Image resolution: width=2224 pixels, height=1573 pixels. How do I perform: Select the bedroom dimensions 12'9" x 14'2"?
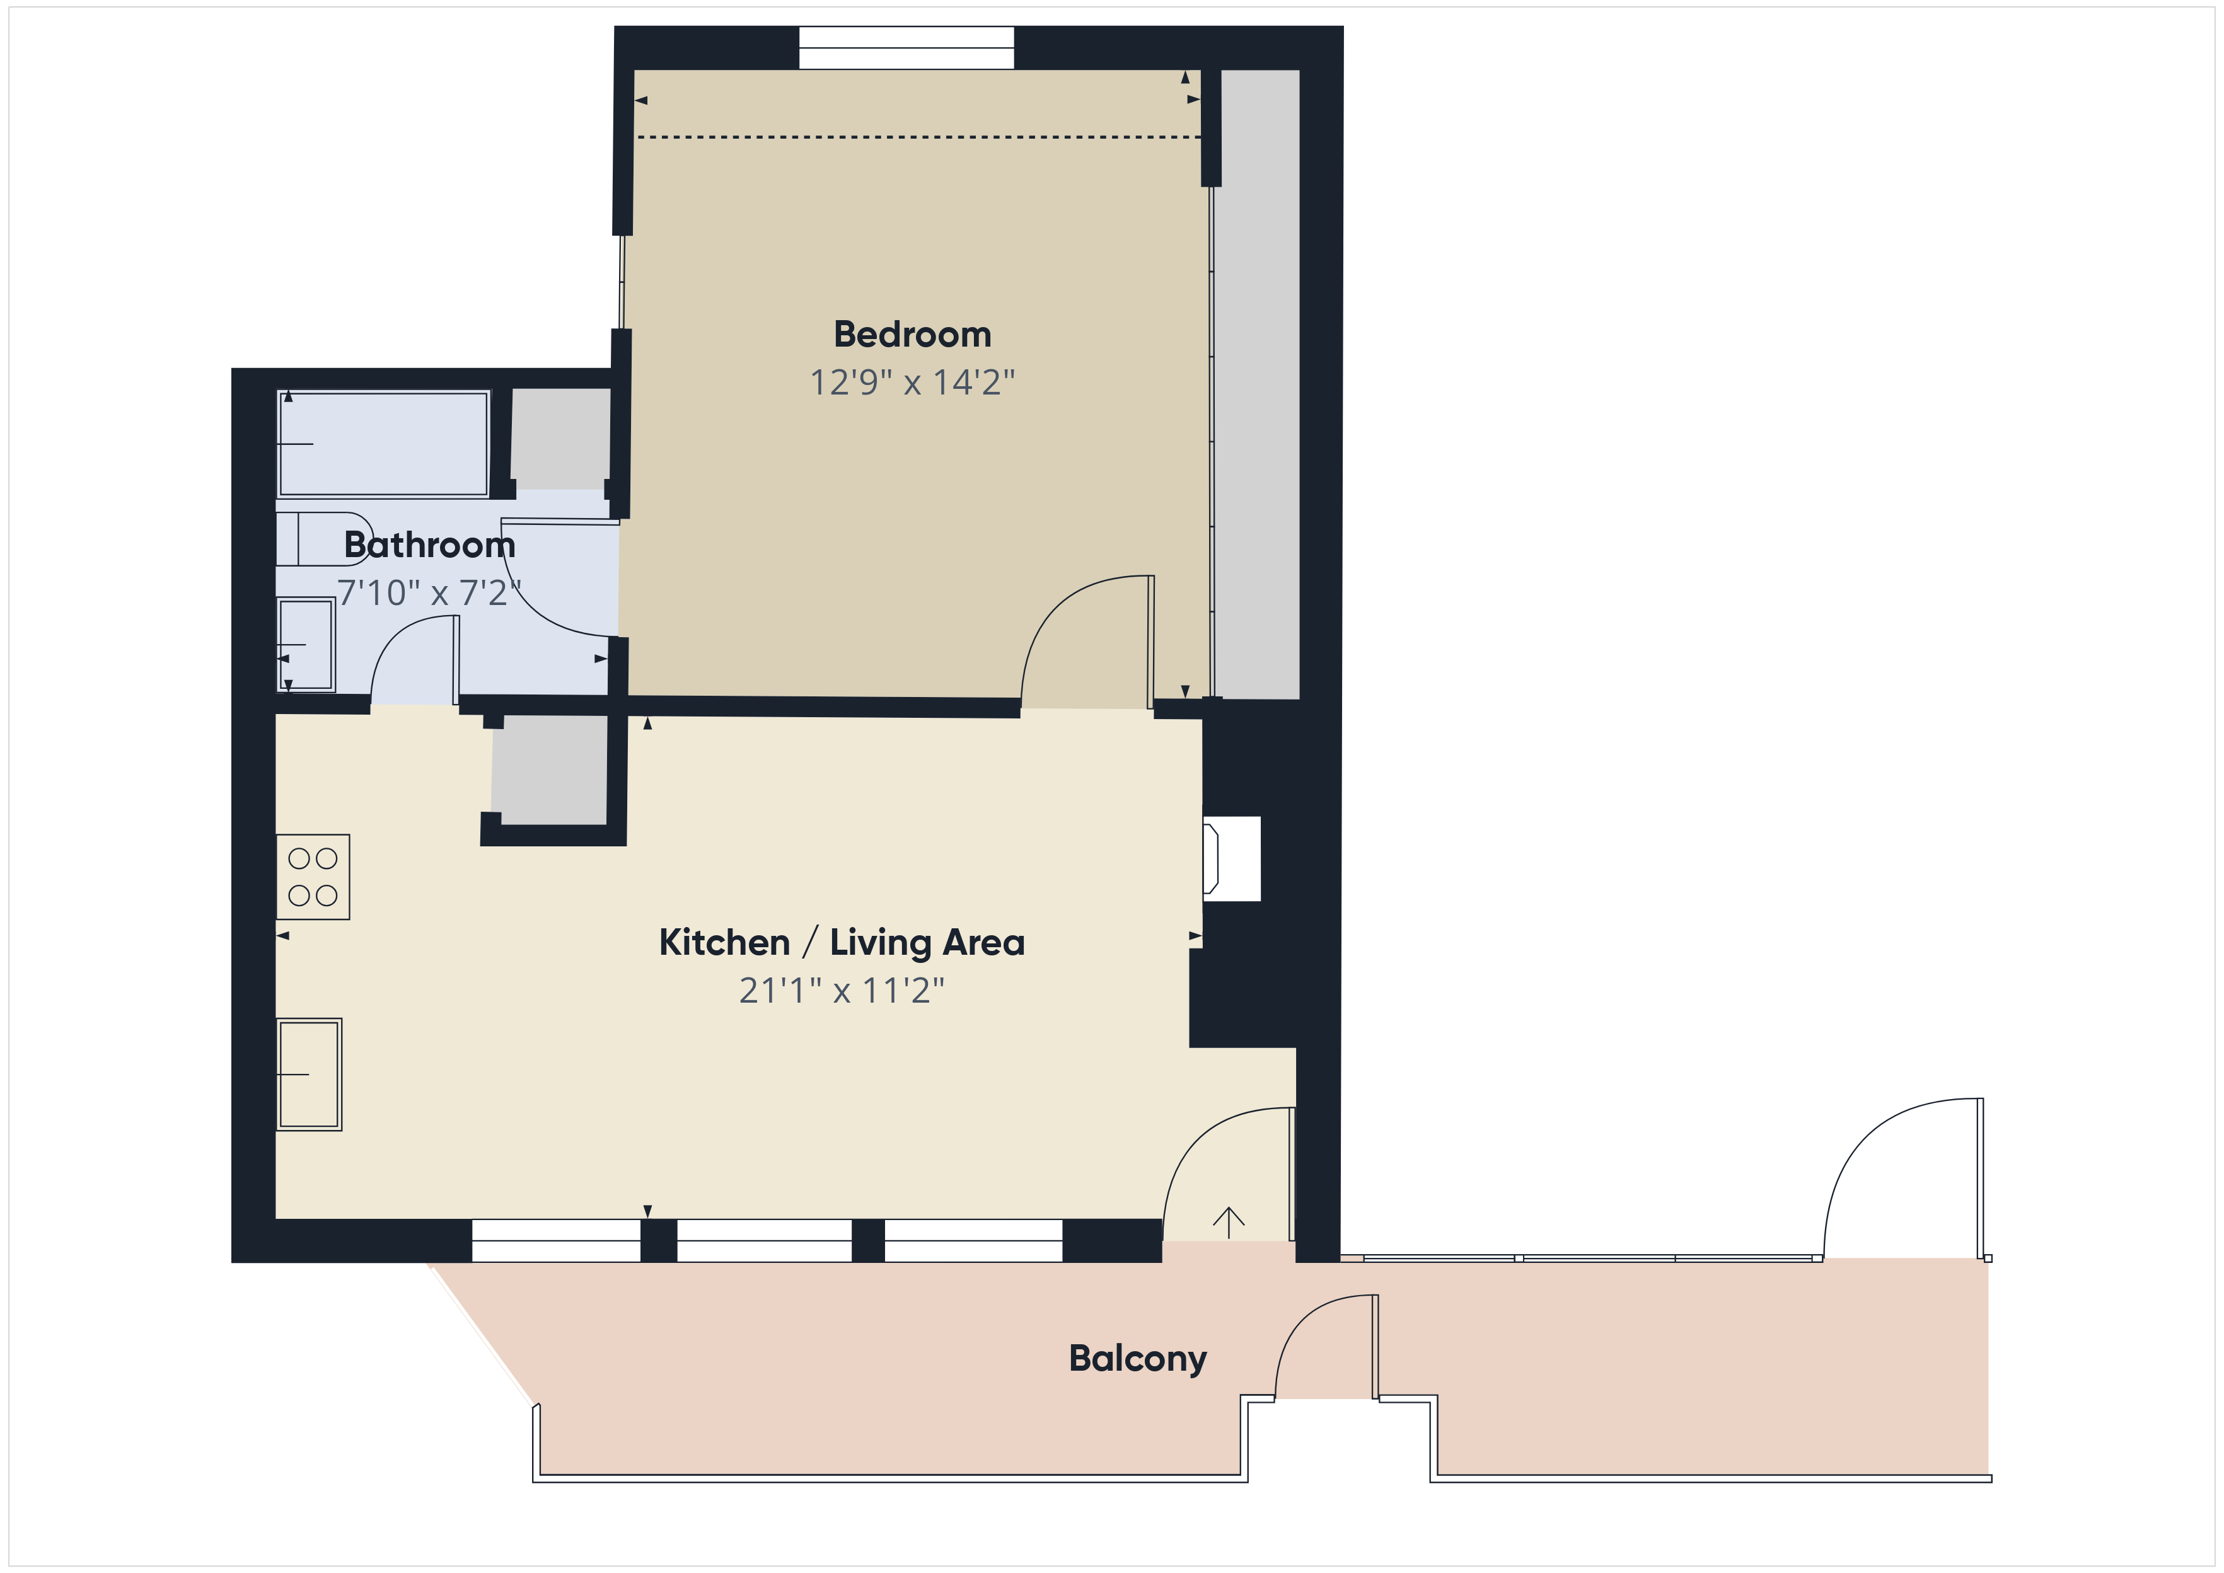912,383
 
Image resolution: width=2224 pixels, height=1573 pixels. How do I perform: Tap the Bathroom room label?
429,545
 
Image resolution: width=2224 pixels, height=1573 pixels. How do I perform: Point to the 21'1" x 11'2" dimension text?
841,991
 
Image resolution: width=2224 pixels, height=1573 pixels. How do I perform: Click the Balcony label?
1137,1359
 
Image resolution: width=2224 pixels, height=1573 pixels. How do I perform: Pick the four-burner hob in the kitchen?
313,877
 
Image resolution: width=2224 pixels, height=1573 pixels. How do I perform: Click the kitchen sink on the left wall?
309,1074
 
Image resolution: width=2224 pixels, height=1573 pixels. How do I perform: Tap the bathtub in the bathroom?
383,444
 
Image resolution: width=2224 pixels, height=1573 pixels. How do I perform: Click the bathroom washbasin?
306,644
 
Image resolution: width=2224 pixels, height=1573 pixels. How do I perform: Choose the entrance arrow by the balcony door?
1228,1223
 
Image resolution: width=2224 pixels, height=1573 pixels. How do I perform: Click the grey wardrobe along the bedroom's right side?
1257,384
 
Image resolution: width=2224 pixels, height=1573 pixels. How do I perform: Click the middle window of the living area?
764,1241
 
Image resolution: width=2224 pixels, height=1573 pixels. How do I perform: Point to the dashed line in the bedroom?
918,137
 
